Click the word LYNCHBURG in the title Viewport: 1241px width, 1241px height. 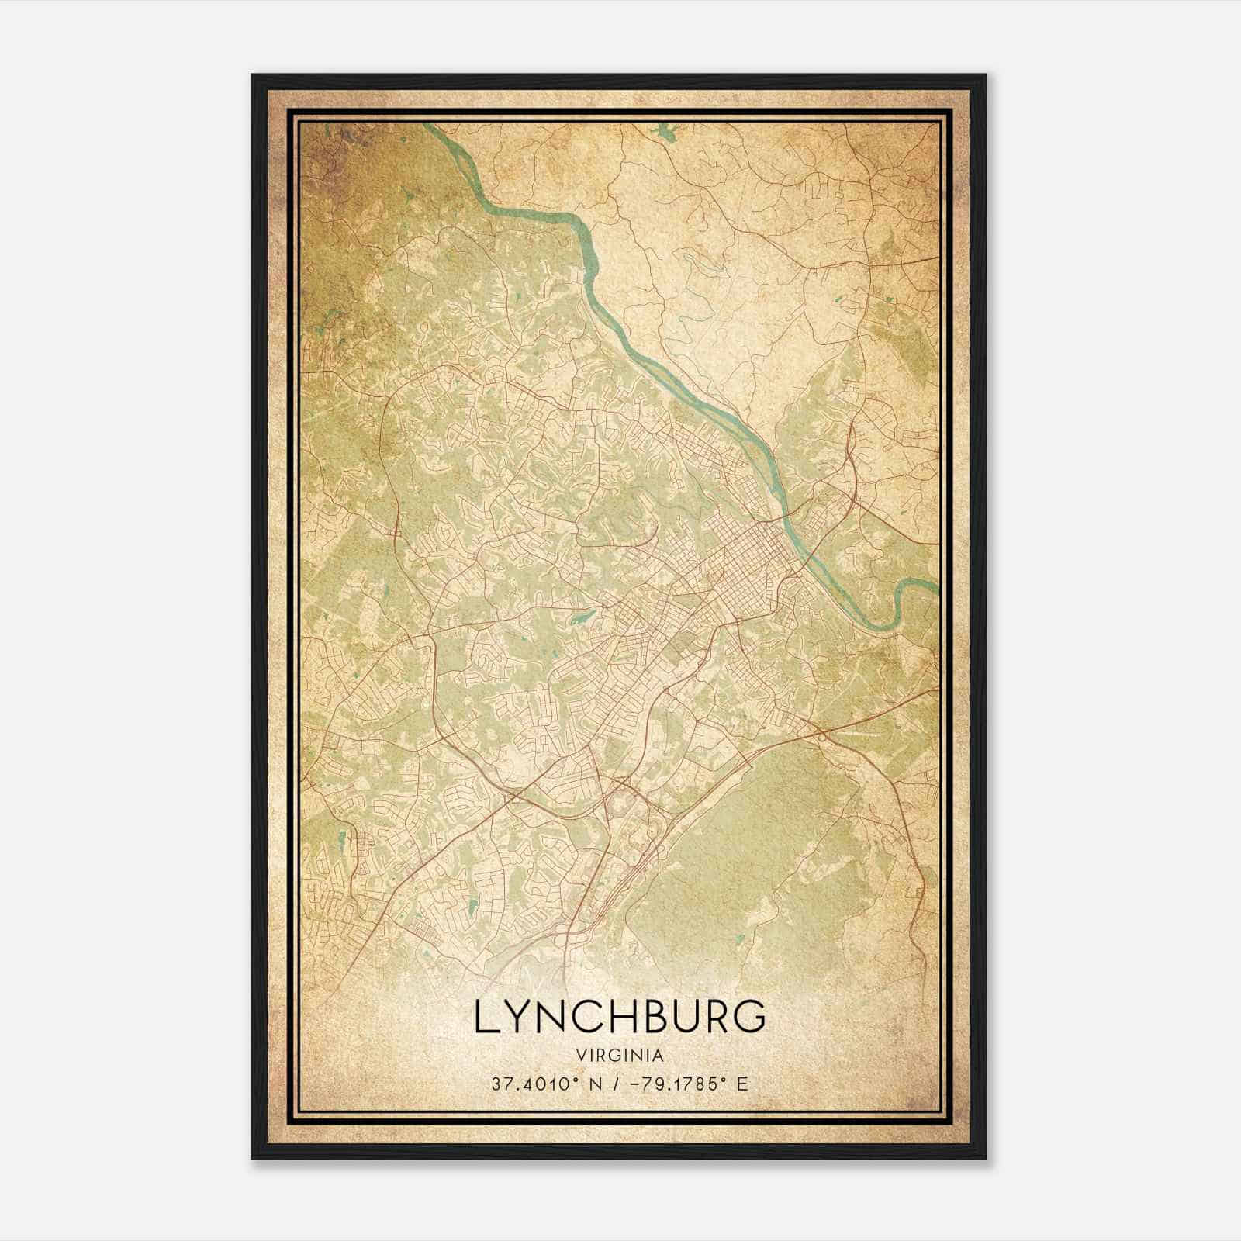[x=619, y=1018]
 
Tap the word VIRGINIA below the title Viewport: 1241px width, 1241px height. [x=619, y=1056]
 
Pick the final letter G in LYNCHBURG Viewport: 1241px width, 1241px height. [x=751, y=1018]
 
